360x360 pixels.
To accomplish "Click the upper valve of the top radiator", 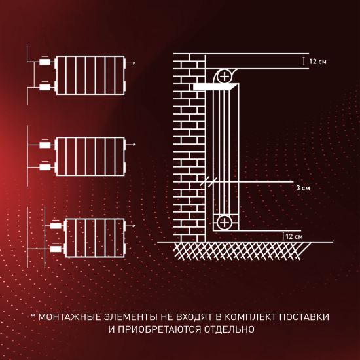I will click(x=45, y=63).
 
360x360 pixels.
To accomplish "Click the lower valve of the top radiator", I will click(x=45, y=87).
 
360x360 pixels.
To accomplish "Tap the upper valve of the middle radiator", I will click(x=45, y=143).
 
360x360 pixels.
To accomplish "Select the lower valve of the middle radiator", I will click(x=45, y=168).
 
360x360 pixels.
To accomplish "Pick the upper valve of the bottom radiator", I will click(x=55, y=225).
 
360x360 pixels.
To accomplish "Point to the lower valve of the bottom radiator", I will click(x=55, y=249).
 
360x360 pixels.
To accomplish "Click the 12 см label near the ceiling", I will click(x=317, y=62).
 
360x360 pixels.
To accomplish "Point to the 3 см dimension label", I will click(x=302, y=188).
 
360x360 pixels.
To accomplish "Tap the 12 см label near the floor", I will click(x=294, y=236).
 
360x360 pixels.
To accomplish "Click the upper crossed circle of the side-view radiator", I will click(x=225, y=76).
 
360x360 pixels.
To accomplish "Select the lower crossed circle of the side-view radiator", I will click(x=225, y=223).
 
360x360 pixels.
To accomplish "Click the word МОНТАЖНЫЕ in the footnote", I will click(x=73, y=317).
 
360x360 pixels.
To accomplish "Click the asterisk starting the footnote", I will click(x=33, y=317).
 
